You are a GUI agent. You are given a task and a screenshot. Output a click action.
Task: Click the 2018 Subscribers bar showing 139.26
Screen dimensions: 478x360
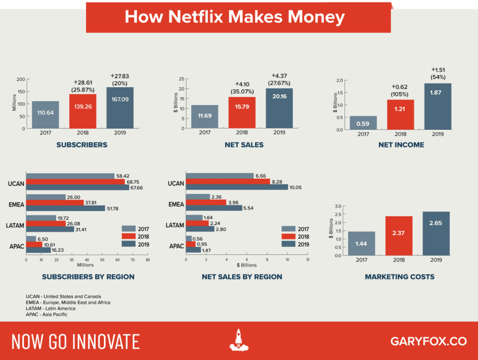point(83,111)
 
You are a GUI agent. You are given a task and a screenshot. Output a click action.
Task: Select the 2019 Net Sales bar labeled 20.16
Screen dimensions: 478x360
point(279,108)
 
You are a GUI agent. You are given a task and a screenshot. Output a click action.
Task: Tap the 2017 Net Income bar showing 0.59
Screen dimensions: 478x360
point(363,123)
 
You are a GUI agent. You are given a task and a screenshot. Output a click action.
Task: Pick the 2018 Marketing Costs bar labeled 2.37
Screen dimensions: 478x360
point(399,236)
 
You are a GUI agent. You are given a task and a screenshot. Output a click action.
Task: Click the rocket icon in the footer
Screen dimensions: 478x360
point(239,340)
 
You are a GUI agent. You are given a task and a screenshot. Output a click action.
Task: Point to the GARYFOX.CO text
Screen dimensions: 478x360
point(429,341)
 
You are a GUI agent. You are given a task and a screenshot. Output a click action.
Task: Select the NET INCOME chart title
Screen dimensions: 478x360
point(401,145)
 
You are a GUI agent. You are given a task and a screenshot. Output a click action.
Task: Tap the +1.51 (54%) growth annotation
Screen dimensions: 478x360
point(438,73)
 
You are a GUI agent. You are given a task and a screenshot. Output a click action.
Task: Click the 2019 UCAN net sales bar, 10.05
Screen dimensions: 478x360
point(237,187)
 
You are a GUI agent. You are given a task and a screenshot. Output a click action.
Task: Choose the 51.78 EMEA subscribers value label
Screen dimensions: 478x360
point(112,208)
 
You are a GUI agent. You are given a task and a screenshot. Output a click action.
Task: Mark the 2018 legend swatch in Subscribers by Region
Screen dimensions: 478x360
point(128,236)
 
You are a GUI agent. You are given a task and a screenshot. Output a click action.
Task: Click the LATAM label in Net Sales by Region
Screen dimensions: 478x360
point(175,225)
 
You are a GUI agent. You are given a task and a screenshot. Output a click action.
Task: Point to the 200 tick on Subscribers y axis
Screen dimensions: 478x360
point(21,79)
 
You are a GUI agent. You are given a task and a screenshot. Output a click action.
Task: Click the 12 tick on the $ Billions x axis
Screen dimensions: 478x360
point(308,259)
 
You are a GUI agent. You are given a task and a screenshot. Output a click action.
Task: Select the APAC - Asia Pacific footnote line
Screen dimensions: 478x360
point(47,314)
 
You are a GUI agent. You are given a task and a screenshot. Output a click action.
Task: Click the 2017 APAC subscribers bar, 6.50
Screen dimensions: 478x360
point(31,239)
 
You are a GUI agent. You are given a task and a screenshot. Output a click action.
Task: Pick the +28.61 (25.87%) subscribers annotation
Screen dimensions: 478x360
point(83,86)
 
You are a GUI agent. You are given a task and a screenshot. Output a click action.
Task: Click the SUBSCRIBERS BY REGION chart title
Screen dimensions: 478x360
point(88,277)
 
